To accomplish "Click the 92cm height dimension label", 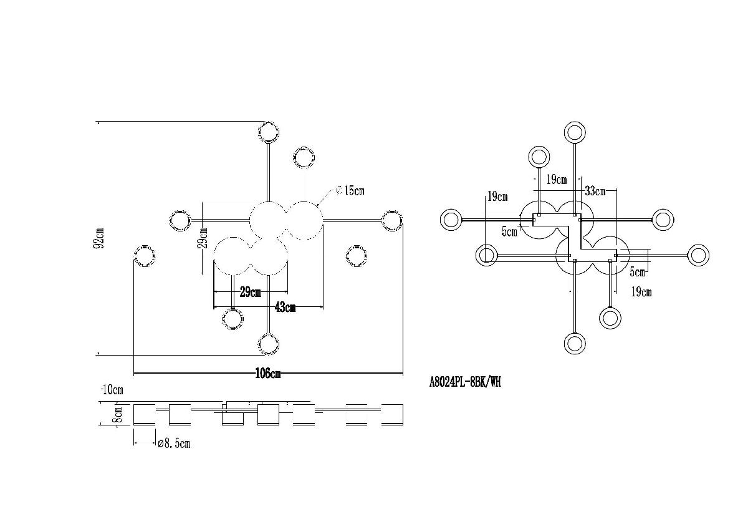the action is click(99, 238).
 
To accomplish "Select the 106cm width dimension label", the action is click(268, 373).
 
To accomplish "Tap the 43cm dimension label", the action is click(285, 307).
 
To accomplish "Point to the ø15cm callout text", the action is click(350, 191).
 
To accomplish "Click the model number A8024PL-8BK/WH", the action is click(465, 382).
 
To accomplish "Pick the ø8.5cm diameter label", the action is click(174, 444).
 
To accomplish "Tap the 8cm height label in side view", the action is click(118, 414).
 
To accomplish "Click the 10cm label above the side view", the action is click(112, 390).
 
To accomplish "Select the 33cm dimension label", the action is click(595, 191).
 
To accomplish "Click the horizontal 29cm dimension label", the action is click(251, 292).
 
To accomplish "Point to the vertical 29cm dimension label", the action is click(203, 238).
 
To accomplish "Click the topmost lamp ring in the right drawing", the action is click(575, 132).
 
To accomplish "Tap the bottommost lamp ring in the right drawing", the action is click(575, 344).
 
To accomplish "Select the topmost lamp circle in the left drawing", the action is click(269, 132).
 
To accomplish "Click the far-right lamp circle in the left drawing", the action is click(391, 221).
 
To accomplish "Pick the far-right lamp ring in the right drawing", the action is click(698, 255).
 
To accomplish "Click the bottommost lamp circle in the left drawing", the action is click(269, 344).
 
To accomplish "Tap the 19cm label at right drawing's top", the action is click(557, 180).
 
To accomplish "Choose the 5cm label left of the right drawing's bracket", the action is click(509, 231).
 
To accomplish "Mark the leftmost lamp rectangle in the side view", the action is click(144, 414).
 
